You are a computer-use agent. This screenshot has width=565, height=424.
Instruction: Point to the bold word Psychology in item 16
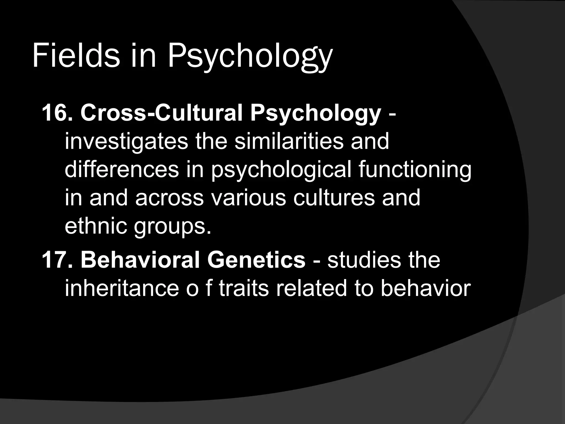315,114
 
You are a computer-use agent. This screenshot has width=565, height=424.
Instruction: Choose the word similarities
289,141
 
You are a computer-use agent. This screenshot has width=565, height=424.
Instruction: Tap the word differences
122,169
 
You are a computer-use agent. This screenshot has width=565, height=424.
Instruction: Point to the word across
169,198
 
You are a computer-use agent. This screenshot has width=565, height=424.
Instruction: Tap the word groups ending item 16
172,227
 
